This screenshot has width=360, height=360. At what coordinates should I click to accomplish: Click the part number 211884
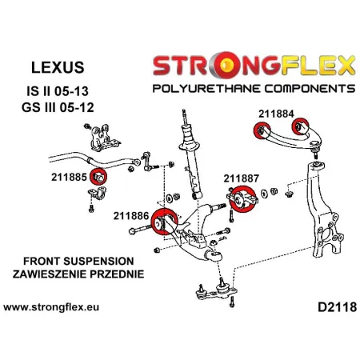click(276, 113)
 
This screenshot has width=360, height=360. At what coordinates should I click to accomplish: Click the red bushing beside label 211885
click(100, 176)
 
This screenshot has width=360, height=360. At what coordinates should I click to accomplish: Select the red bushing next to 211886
click(167, 220)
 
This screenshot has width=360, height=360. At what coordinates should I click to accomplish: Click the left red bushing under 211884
click(260, 132)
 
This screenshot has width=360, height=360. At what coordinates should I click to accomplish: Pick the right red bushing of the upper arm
click(302, 126)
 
